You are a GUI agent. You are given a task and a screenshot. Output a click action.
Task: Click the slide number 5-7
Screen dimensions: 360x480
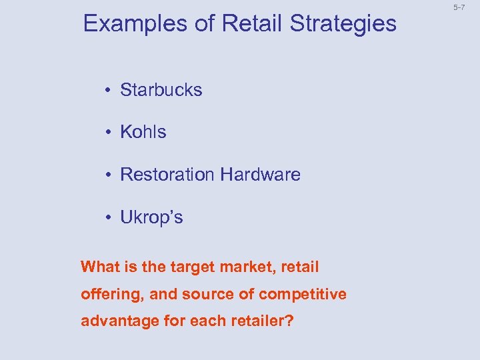(459, 7)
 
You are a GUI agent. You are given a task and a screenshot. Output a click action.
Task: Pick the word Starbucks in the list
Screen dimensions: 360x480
(161, 90)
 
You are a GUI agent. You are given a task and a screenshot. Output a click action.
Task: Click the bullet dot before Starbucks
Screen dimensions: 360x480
(107, 90)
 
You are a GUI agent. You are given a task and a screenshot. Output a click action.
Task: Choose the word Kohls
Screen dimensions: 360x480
(143, 132)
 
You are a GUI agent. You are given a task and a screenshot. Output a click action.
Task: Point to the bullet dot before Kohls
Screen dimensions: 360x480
(107, 133)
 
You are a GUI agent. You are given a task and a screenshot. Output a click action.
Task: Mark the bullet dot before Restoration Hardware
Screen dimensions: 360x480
(107, 175)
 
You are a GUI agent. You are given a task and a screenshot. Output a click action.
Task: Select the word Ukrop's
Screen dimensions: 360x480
(151, 218)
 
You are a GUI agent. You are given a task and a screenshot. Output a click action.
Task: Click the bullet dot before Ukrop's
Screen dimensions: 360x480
(107, 218)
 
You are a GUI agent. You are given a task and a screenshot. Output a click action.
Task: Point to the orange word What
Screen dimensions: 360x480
(97, 267)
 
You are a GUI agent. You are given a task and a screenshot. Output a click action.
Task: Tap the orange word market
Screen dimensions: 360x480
(229, 267)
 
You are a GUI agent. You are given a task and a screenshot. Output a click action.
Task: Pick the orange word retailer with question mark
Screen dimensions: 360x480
(259, 321)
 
